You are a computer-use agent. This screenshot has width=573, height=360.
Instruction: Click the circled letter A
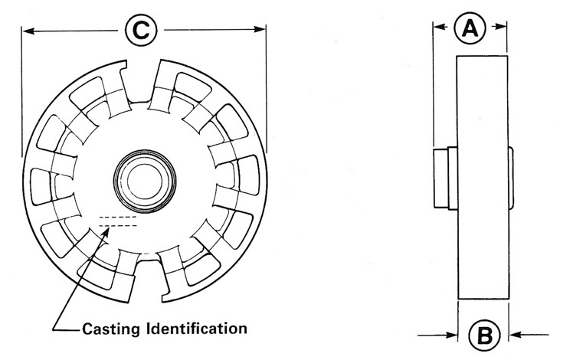[470, 29]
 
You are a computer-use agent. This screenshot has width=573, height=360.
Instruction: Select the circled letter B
[483, 334]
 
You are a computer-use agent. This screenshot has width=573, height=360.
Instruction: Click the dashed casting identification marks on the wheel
[118, 222]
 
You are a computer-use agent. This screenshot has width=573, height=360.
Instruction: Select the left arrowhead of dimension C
[28, 31]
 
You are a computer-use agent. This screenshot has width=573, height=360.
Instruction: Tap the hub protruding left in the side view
[444, 178]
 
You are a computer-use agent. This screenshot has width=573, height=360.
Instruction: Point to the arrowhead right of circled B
[516, 334]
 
